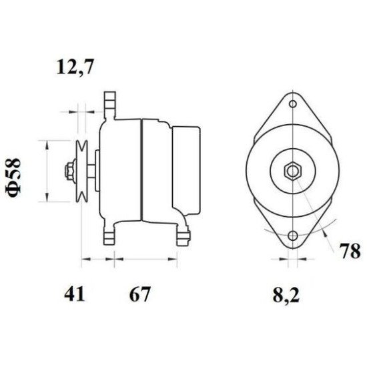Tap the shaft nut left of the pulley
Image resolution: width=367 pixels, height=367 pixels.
pyautogui.click(x=68, y=171)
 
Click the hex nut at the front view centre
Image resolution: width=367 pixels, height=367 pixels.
pyautogui.click(x=292, y=170)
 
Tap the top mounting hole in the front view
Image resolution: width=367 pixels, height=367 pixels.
pyautogui.click(x=292, y=105)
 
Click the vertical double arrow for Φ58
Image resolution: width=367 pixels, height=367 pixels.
pyautogui.click(x=45, y=171)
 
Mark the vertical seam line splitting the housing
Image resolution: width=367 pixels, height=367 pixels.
pyautogui.click(x=142, y=170)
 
